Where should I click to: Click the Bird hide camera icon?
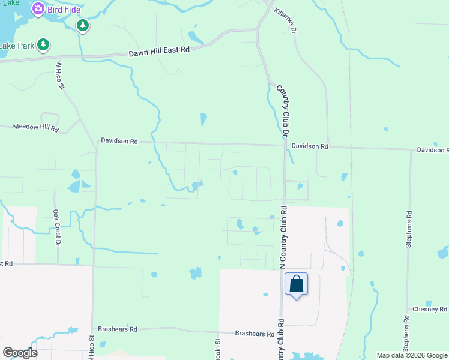pyautogui.click(x=38, y=8)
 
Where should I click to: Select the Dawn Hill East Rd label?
pyautogui.click(x=159, y=53)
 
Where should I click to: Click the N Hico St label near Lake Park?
pyautogui.click(x=60, y=76)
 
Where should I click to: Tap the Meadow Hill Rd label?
pyautogui.click(x=37, y=127)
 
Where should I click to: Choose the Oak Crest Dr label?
pyautogui.click(x=56, y=227)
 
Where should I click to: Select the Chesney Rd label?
pyautogui.click(x=430, y=309)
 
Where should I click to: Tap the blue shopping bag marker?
pyautogui.click(x=297, y=284)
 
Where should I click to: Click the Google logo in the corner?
pyautogui.click(x=20, y=353)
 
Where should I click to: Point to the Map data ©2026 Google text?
pyautogui.click(x=412, y=355)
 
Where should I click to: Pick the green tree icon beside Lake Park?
pyautogui.click(x=43, y=44)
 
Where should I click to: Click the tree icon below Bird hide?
pyautogui.click(x=83, y=25)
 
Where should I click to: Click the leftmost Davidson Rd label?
pyautogui.click(x=119, y=142)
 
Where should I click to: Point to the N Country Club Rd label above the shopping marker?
pyautogui.click(x=284, y=237)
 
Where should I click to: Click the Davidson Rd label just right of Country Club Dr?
pyautogui.click(x=310, y=146)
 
